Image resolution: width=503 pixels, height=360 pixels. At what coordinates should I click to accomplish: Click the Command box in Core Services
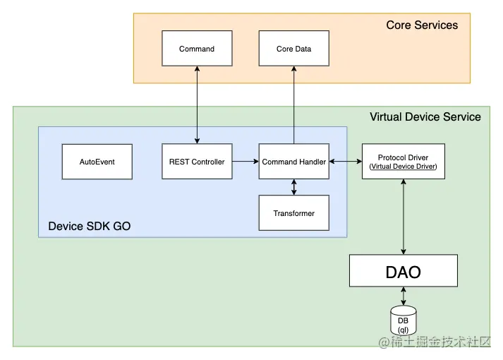197,49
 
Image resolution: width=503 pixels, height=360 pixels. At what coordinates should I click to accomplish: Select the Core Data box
293,49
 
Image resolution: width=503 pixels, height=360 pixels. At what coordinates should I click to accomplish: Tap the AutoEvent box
97,162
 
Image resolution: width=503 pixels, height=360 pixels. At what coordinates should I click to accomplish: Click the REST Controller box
197,162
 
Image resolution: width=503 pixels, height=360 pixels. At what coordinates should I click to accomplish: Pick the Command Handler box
293,162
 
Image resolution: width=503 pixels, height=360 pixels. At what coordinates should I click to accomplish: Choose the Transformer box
293,213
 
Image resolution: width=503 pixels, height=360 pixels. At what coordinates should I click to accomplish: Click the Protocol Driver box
403,162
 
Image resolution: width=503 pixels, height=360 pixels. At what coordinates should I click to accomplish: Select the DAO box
404,271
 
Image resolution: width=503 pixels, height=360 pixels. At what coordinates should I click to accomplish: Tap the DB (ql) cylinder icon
404,321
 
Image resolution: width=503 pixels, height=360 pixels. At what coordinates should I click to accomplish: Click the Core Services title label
422,25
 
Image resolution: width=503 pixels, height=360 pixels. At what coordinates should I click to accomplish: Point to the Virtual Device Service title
425,117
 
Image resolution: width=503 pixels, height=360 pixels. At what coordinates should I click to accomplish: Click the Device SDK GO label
89,227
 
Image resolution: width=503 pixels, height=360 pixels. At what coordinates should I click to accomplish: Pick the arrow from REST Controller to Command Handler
245,162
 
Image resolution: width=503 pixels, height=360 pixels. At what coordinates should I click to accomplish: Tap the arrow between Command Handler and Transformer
293,187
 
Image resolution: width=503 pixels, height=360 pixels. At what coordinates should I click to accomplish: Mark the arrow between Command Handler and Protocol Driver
345,162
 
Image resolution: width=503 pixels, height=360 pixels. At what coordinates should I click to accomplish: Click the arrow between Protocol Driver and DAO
404,217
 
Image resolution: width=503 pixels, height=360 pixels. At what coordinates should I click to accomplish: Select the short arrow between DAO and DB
404,296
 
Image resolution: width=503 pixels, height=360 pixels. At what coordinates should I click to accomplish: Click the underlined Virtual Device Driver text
403,167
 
